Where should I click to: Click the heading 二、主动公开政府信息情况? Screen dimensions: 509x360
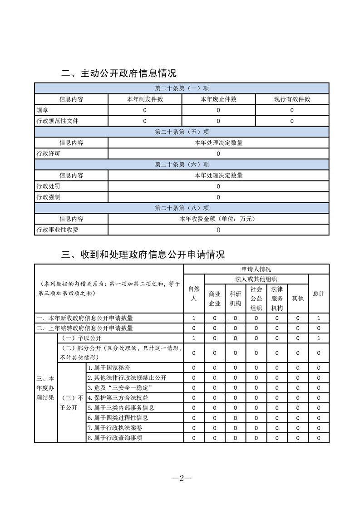coord(118,73)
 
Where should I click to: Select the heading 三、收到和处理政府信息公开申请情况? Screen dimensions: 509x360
coord(143,254)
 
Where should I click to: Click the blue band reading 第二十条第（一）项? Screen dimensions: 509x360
coord(182,88)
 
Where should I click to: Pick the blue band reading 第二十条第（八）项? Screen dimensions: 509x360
coord(182,208)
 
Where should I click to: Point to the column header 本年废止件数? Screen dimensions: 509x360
coord(218,99)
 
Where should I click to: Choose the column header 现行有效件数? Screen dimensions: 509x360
coord(292,99)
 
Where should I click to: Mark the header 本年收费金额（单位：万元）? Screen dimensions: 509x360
coord(218,219)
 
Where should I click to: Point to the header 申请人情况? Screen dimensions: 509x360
coord(256,269)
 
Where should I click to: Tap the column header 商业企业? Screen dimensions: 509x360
coord(214,299)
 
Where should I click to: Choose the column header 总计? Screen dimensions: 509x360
coord(319,294)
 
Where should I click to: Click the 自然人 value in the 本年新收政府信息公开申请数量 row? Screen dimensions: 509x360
coord(194,318)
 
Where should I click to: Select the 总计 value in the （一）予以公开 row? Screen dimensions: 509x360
coord(319,338)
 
